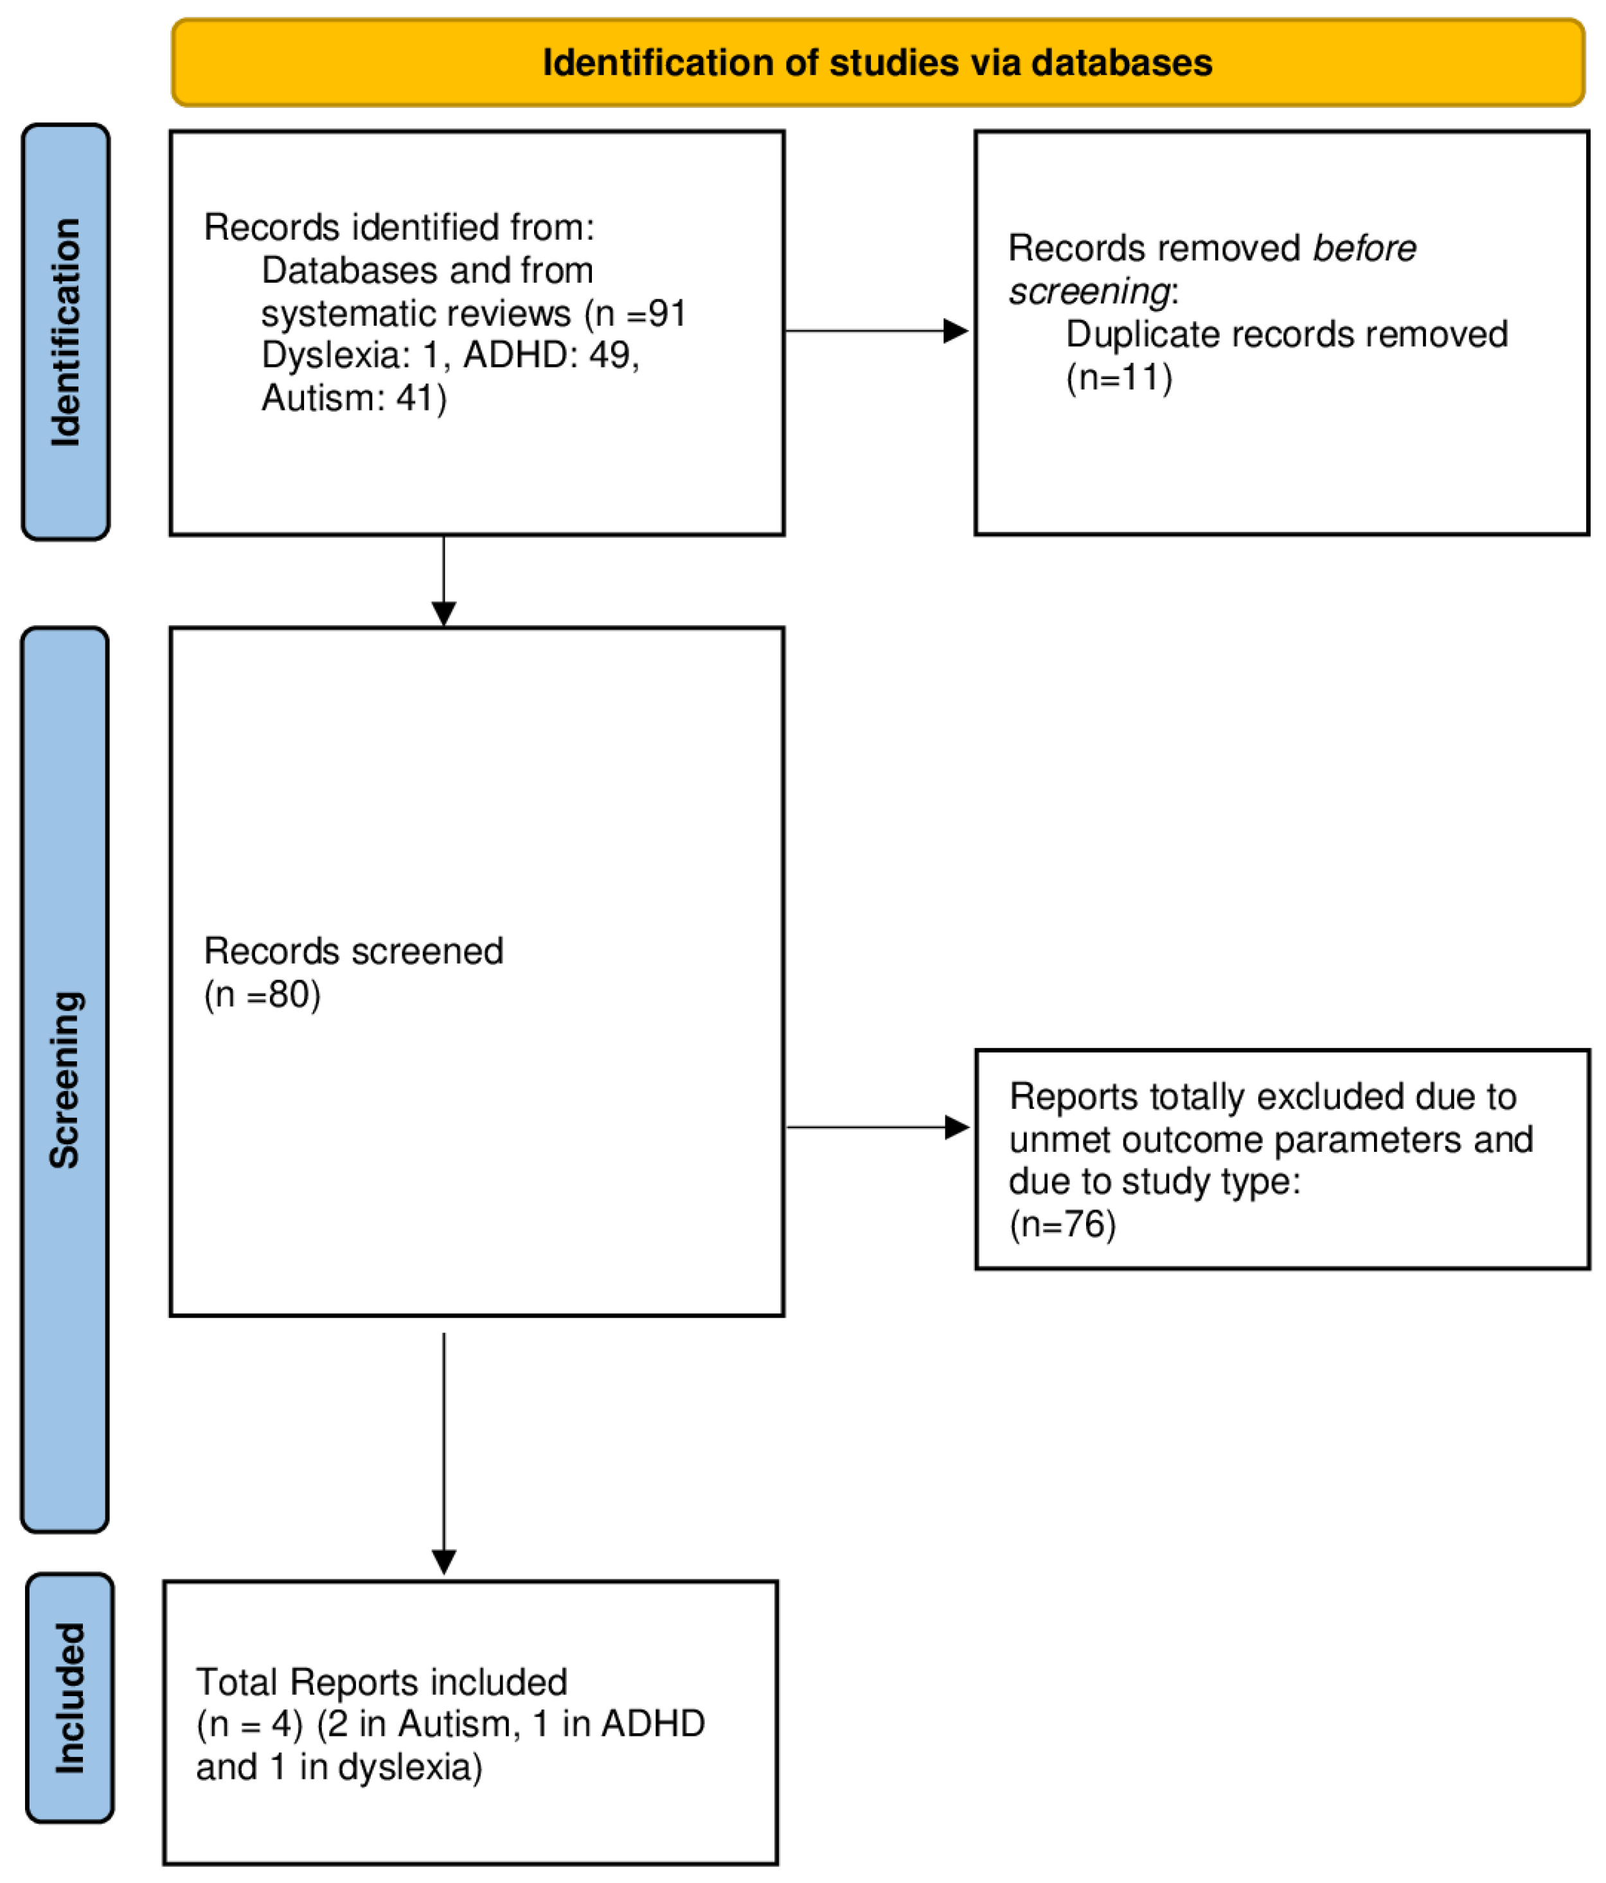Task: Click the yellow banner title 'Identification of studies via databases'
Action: (x=877, y=63)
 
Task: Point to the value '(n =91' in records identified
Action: (x=636, y=314)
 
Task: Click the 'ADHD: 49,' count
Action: (x=551, y=355)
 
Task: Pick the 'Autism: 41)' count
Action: (x=353, y=398)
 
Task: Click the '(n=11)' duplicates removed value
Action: (x=1119, y=377)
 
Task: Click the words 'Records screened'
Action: (x=353, y=951)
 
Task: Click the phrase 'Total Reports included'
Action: (x=382, y=1682)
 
